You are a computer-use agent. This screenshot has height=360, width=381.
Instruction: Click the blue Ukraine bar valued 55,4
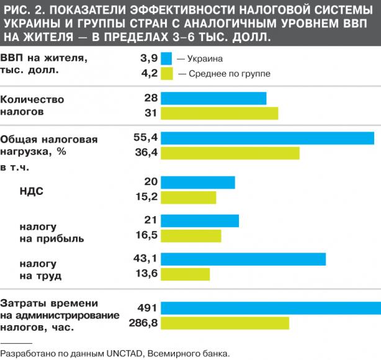[x=267, y=138]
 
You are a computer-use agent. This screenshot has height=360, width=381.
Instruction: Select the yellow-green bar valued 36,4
[x=230, y=153]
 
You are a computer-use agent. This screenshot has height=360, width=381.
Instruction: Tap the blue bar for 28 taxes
[x=213, y=98]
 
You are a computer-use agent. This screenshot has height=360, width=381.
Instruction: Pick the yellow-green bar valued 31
[x=220, y=113]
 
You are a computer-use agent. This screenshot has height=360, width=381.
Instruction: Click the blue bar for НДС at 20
[x=198, y=182]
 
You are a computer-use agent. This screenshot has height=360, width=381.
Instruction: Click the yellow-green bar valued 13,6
[x=186, y=274]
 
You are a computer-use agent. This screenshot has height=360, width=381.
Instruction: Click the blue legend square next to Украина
[x=166, y=58]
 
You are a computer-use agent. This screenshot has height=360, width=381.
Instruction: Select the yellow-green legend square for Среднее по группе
[x=166, y=73]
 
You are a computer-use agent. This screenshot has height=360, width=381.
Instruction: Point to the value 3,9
[x=150, y=58]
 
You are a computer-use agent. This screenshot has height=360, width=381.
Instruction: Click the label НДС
[x=32, y=191]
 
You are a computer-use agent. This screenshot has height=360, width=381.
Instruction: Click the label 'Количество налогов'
[x=32, y=106]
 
